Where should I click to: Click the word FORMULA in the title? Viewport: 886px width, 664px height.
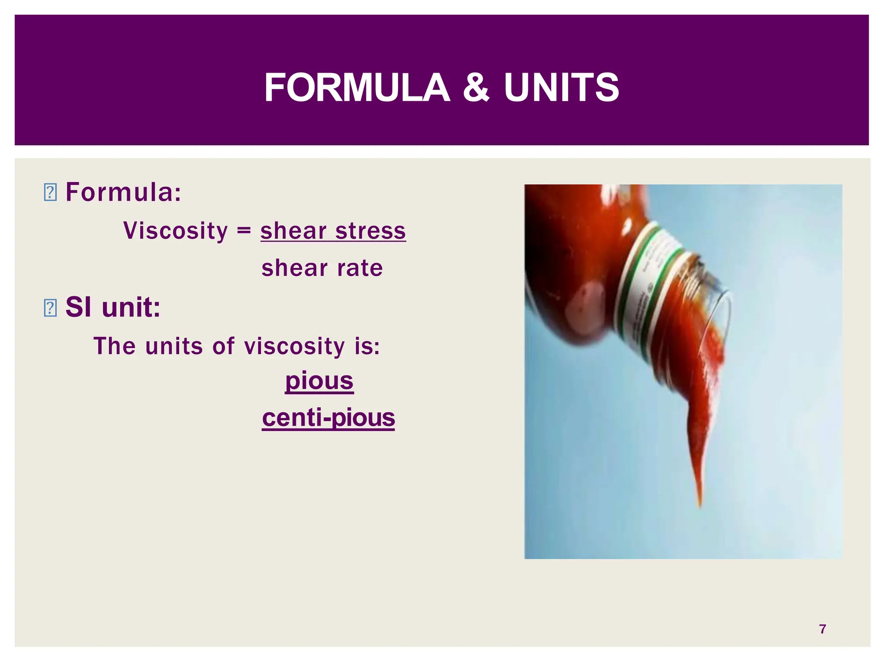[357, 88]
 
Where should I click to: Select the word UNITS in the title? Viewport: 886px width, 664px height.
[561, 88]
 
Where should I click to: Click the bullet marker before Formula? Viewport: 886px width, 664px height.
[50, 192]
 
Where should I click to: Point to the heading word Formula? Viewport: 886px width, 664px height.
[123, 192]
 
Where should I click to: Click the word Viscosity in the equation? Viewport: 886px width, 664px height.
[175, 230]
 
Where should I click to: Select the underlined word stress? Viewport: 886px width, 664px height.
[370, 230]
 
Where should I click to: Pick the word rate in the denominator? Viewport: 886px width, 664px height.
[360, 268]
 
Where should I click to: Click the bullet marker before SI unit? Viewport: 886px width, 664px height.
[50, 308]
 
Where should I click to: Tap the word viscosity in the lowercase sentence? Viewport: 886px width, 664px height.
[294, 346]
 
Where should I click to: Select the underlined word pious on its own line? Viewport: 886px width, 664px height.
[319, 381]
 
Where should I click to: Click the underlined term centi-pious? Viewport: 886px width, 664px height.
[328, 418]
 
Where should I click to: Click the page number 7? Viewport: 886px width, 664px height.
[822, 629]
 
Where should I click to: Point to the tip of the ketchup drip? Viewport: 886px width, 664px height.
[699, 504]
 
